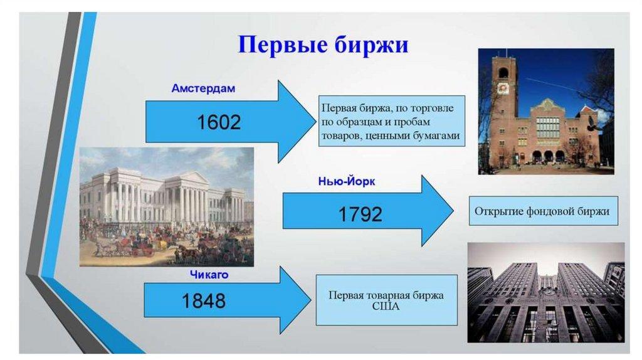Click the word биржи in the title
tap(371, 45)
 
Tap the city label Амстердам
tap(203, 88)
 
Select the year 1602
tap(219, 122)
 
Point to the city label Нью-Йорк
tap(346, 181)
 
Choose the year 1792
tap(360, 214)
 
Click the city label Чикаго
tap(209, 275)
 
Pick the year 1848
tap(204, 301)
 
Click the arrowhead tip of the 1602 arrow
tap(316, 122)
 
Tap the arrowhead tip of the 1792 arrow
tap(453, 211)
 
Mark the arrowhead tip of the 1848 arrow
tap(311, 300)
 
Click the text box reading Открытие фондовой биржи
tap(543, 211)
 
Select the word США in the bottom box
tap(386, 306)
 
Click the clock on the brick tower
tap(502, 88)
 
